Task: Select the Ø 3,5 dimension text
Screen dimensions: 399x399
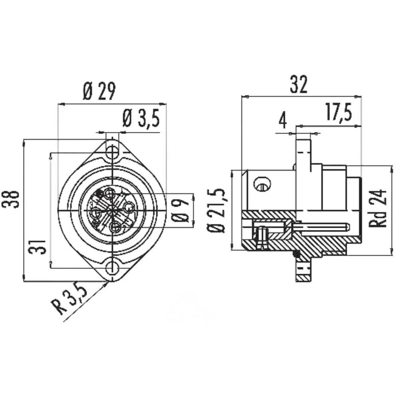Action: pyautogui.click(x=141, y=119)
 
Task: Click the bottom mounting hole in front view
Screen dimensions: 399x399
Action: pyautogui.click(x=113, y=268)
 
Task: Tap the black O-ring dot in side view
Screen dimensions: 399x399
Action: pyautogui.click(x=296, y=254)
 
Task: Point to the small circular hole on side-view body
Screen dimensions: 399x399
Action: pyautogui.click(x=262, y=184)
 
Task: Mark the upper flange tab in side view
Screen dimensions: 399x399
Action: pyautogui.click(x=304, y=150)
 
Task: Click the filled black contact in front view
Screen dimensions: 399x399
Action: pyautogui.click(x=99, y=194)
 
